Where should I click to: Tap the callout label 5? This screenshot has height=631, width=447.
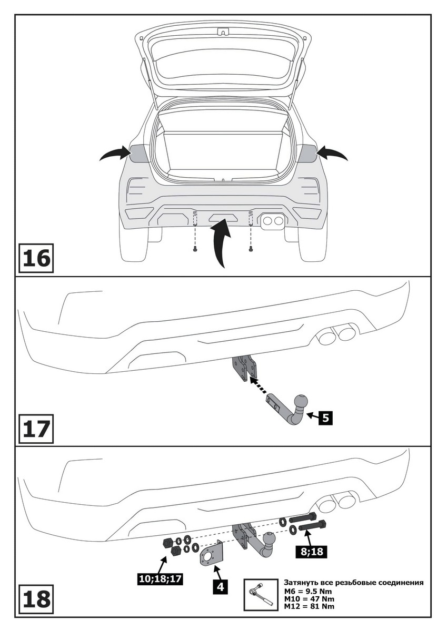326,418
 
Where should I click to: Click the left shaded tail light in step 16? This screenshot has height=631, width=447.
139,153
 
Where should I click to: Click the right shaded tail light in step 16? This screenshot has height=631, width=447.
307,153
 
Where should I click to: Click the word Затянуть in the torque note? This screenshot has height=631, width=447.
301,583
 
